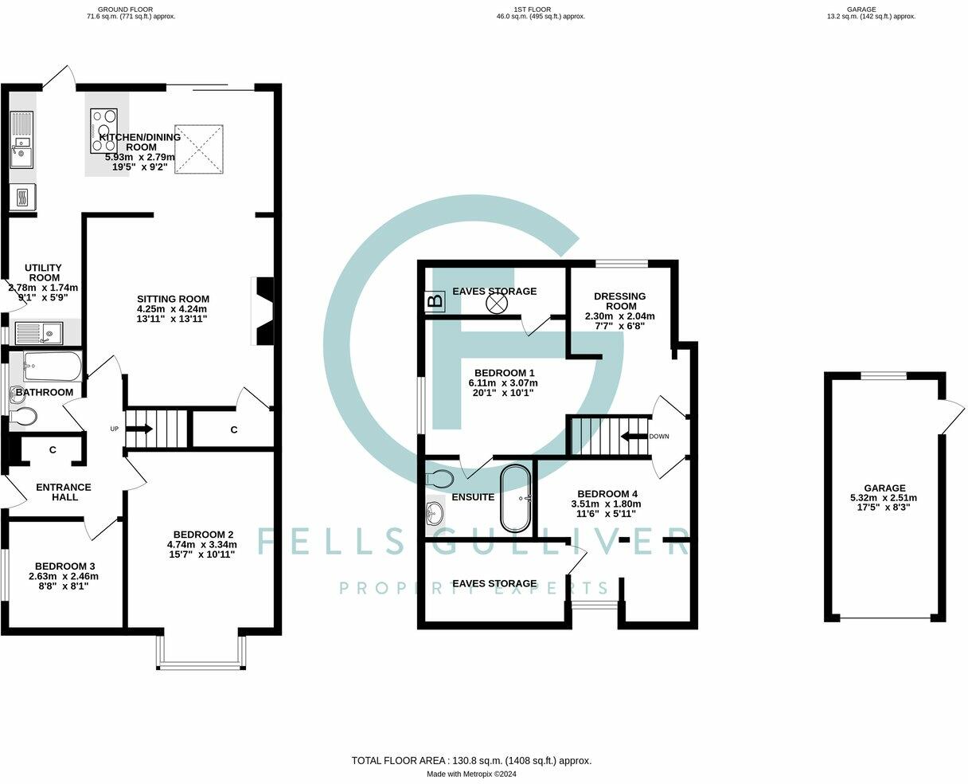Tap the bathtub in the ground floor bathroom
53,367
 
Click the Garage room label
884,488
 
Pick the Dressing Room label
619,301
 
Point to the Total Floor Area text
471,761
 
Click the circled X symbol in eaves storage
497,304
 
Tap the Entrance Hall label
64,492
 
